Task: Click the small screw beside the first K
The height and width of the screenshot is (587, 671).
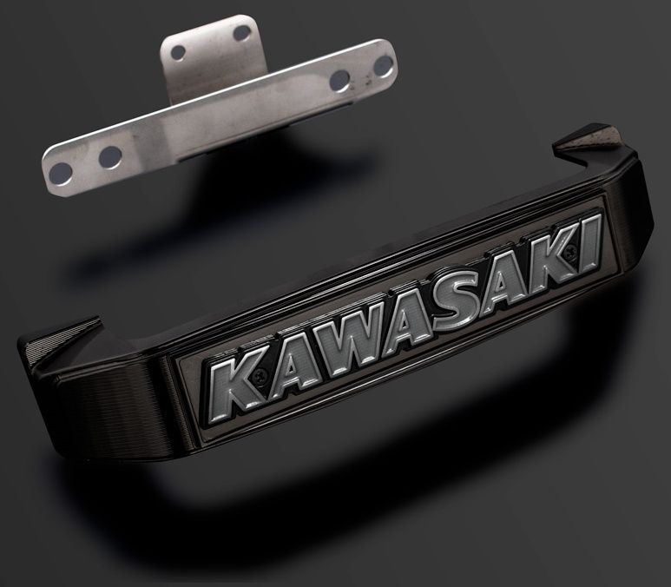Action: pyautogui.click(x=260, y=376)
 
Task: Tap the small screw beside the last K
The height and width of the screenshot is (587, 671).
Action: pyautogui.click(x=569, y=252)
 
